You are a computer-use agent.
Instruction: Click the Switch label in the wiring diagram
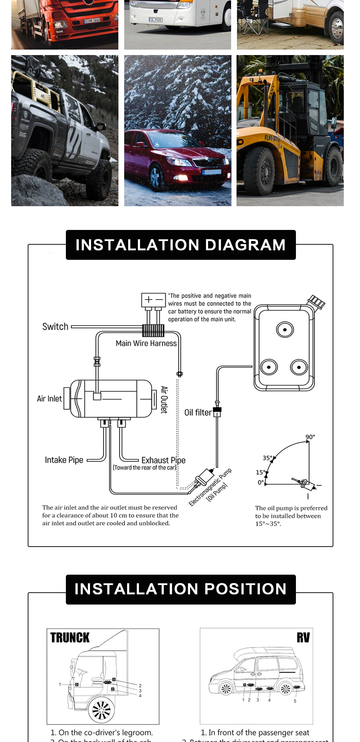[55, 327]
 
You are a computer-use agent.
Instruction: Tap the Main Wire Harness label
[146, 343]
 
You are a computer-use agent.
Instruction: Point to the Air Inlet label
[49, 399]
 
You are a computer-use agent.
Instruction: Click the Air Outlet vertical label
[164, 400]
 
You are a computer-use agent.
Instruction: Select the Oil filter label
[198, 412]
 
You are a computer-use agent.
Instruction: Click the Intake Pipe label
[64, 460]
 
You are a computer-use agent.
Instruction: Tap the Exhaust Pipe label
[163, 460]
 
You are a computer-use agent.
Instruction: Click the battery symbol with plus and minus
[153, 300]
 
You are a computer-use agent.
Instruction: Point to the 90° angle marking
[310, 437]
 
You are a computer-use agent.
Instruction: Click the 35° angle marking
[267, 458]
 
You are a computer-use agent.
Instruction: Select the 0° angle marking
[261, 483]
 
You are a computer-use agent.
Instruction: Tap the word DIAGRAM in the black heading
[246, 245]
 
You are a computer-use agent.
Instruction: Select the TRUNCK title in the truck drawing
[70, 638]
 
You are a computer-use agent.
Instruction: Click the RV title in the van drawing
[303, 638]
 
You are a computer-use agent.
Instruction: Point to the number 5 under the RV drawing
[295, 701]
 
